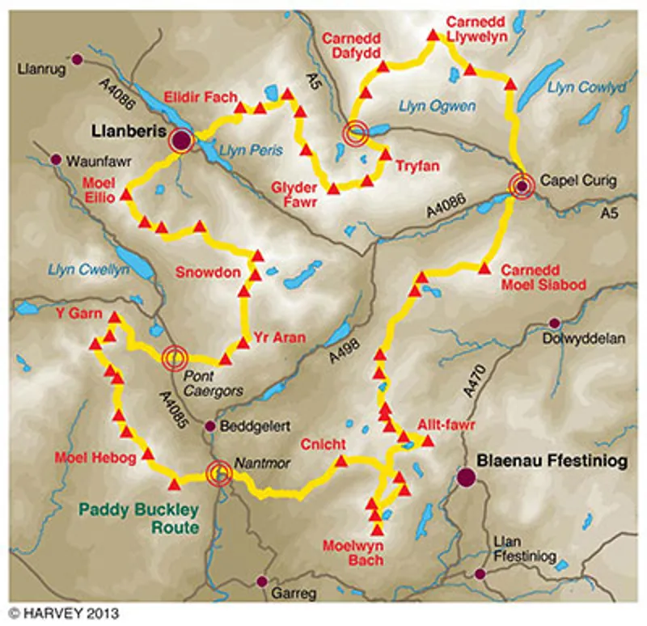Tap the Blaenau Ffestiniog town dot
pos(466,477)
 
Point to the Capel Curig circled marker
pos(522,187)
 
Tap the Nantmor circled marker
pos(218,475)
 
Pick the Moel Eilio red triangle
pos(125,196)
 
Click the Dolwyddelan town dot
pos(554,324)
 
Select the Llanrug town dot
pos(78,59)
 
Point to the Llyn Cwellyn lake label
pos(88,270)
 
